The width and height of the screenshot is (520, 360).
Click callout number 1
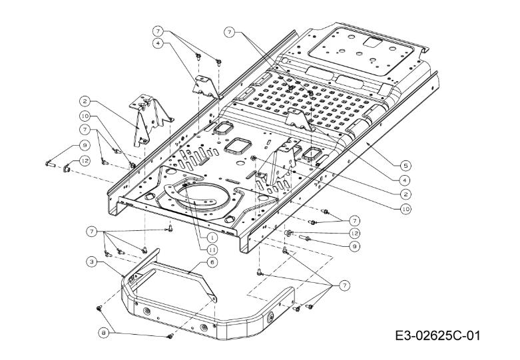210,236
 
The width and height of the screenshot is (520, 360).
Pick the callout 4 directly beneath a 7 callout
158,43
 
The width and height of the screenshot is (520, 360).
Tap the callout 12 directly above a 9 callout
354,233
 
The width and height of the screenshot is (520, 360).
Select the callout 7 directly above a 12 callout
354,220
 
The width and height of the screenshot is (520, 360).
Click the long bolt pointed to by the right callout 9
306,238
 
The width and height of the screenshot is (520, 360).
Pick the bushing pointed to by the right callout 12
290,232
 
